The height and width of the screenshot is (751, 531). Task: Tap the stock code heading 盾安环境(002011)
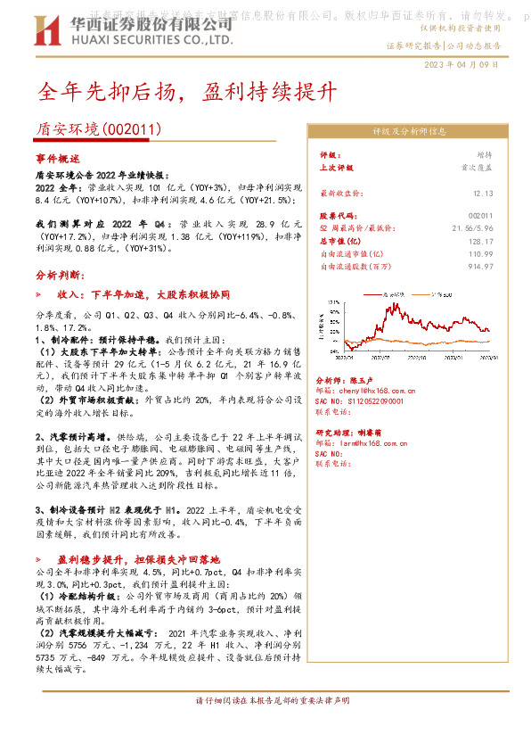[x=99, y=129]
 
